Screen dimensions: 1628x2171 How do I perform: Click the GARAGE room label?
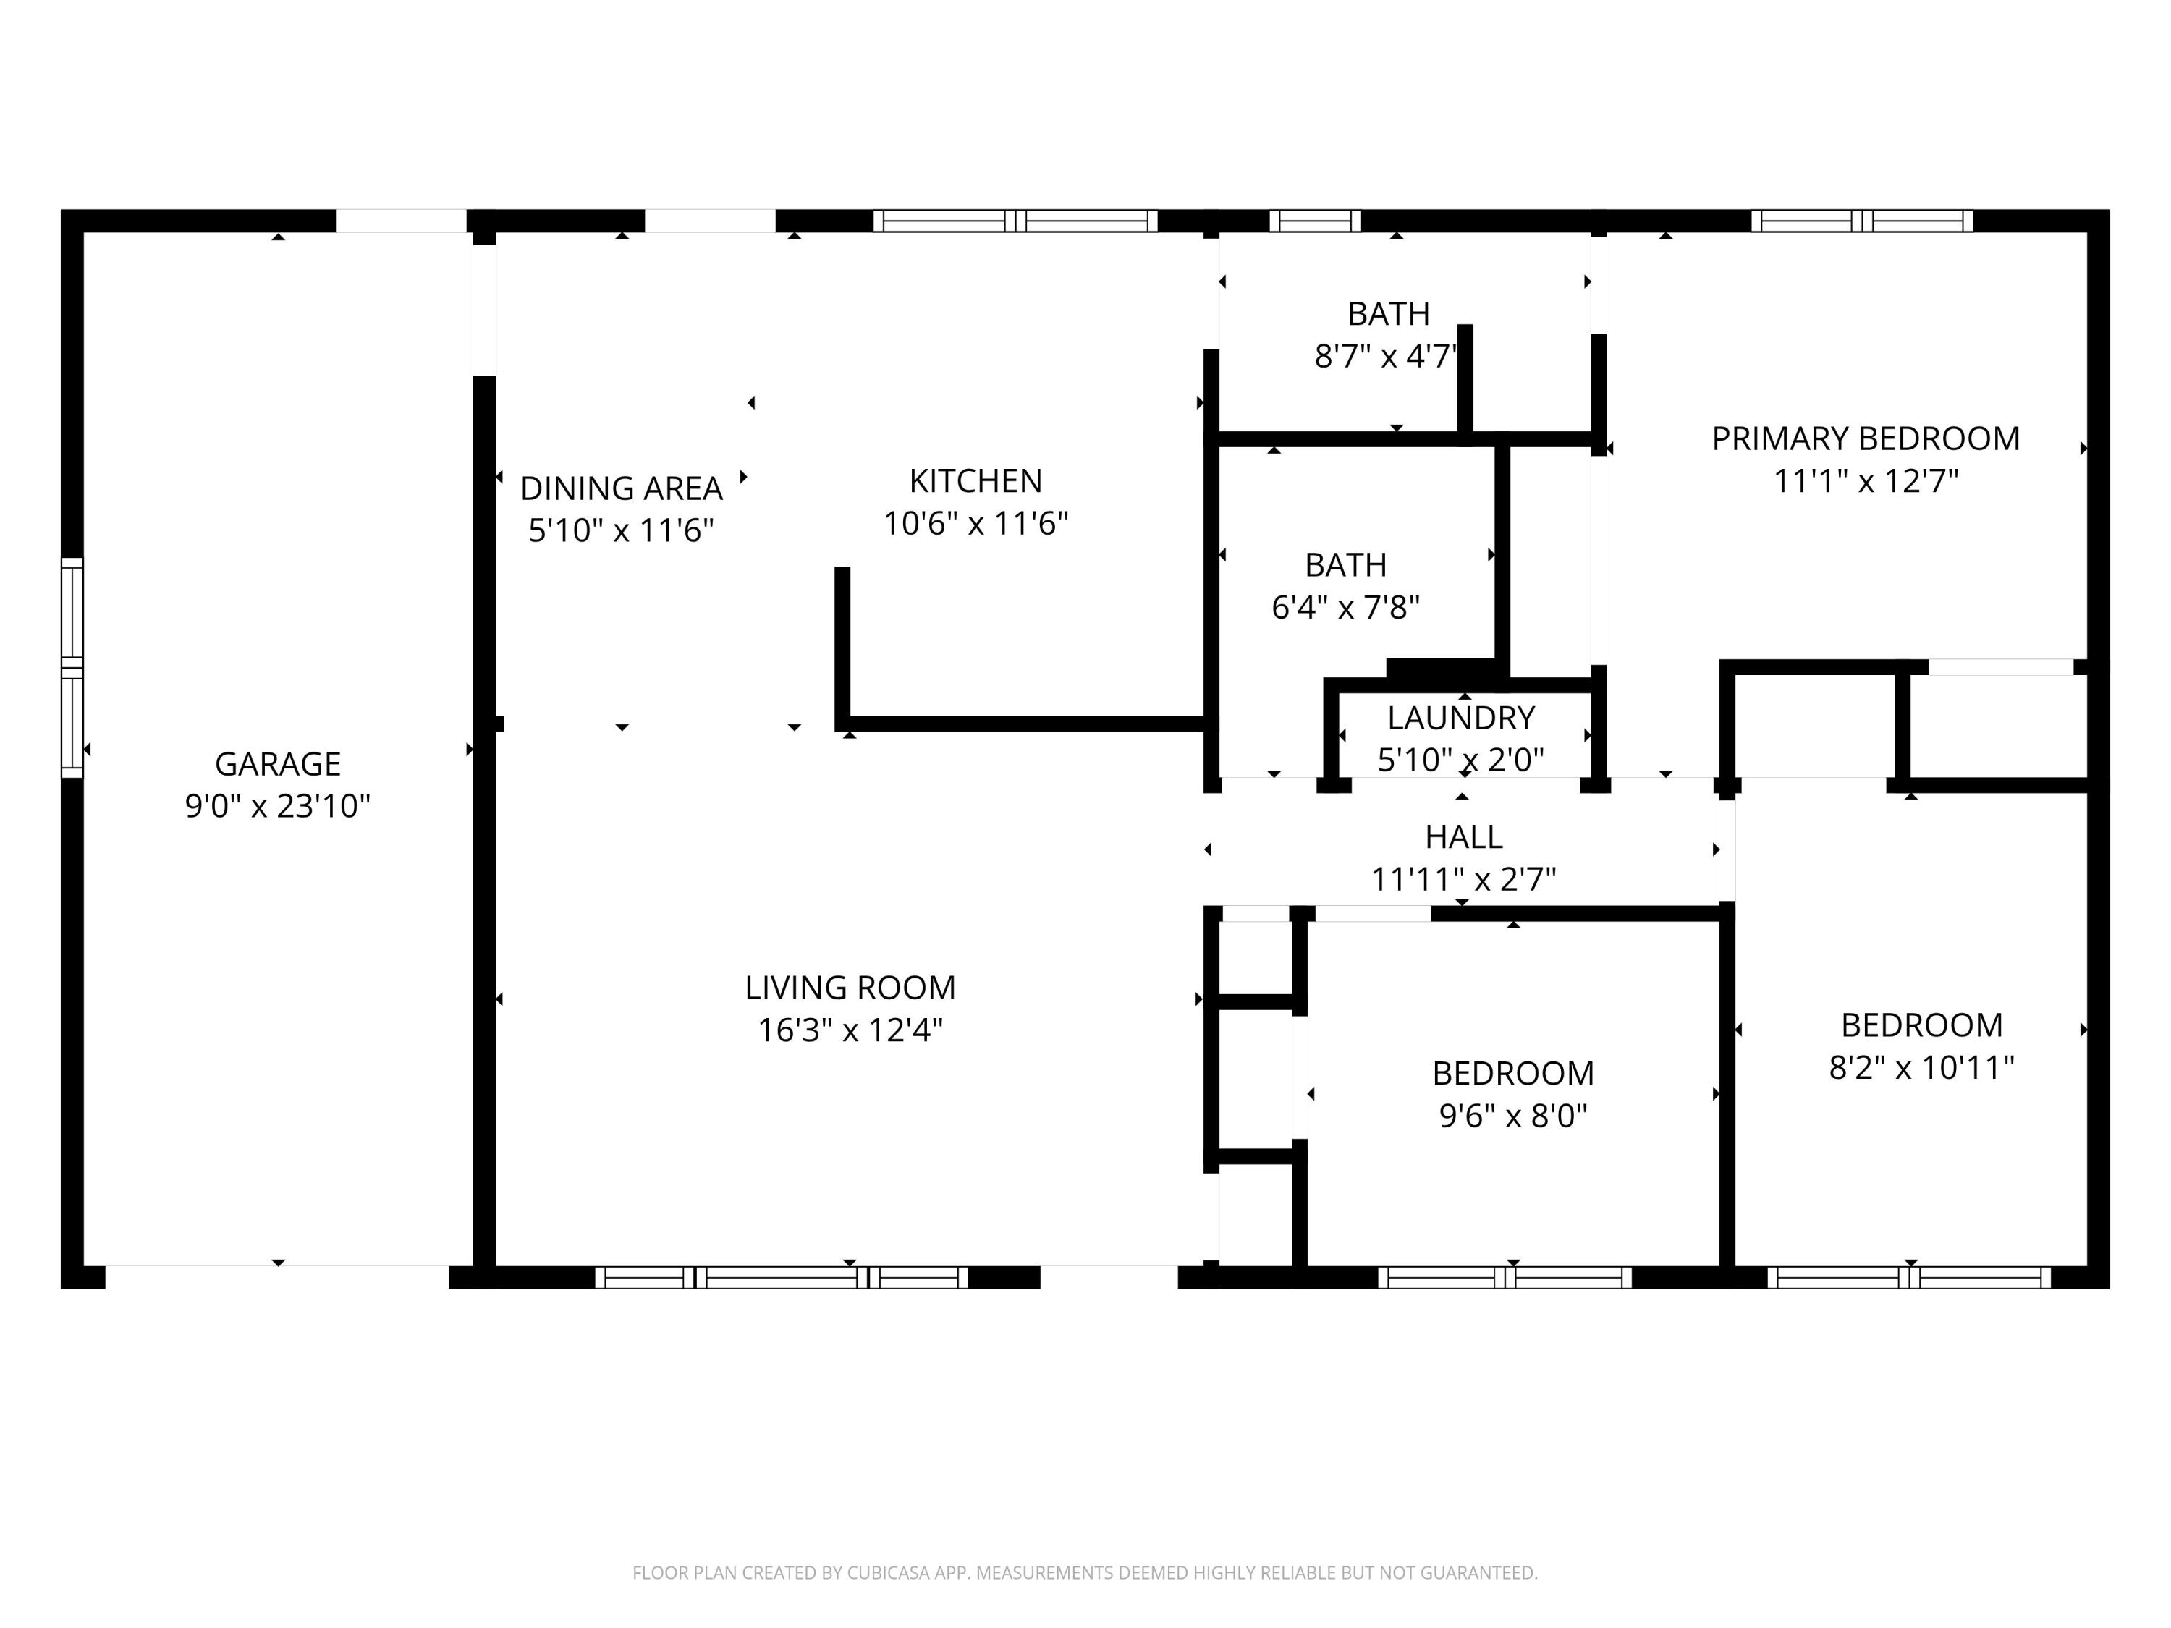pos(278,763)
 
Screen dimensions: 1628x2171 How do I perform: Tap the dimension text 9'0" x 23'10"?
pos(278,805)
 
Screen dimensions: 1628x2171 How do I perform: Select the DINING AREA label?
pos(621,488)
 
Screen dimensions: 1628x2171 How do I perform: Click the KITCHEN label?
pos(976,481)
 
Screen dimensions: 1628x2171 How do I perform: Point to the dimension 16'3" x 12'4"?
pos(850,1030)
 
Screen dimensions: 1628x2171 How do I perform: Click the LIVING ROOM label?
pos(850,987)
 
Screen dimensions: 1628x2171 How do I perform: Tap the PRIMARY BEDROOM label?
pos(1866,438)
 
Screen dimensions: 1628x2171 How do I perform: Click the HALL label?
pos(1463,837)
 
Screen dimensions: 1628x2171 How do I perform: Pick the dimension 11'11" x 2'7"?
pos(1463,879)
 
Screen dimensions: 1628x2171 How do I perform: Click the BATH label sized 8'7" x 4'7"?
pos(1388,314)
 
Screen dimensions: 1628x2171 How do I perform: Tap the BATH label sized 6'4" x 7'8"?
pos(1345,565)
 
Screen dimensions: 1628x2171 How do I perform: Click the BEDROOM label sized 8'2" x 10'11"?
pos(1921,1025)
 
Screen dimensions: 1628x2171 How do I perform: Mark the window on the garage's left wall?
pos(72,667)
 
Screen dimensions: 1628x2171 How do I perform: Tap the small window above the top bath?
pos(1315,221)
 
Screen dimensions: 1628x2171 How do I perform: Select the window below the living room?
pos(782,1276)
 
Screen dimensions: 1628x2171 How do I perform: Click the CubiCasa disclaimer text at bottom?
pos(1085,1573)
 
